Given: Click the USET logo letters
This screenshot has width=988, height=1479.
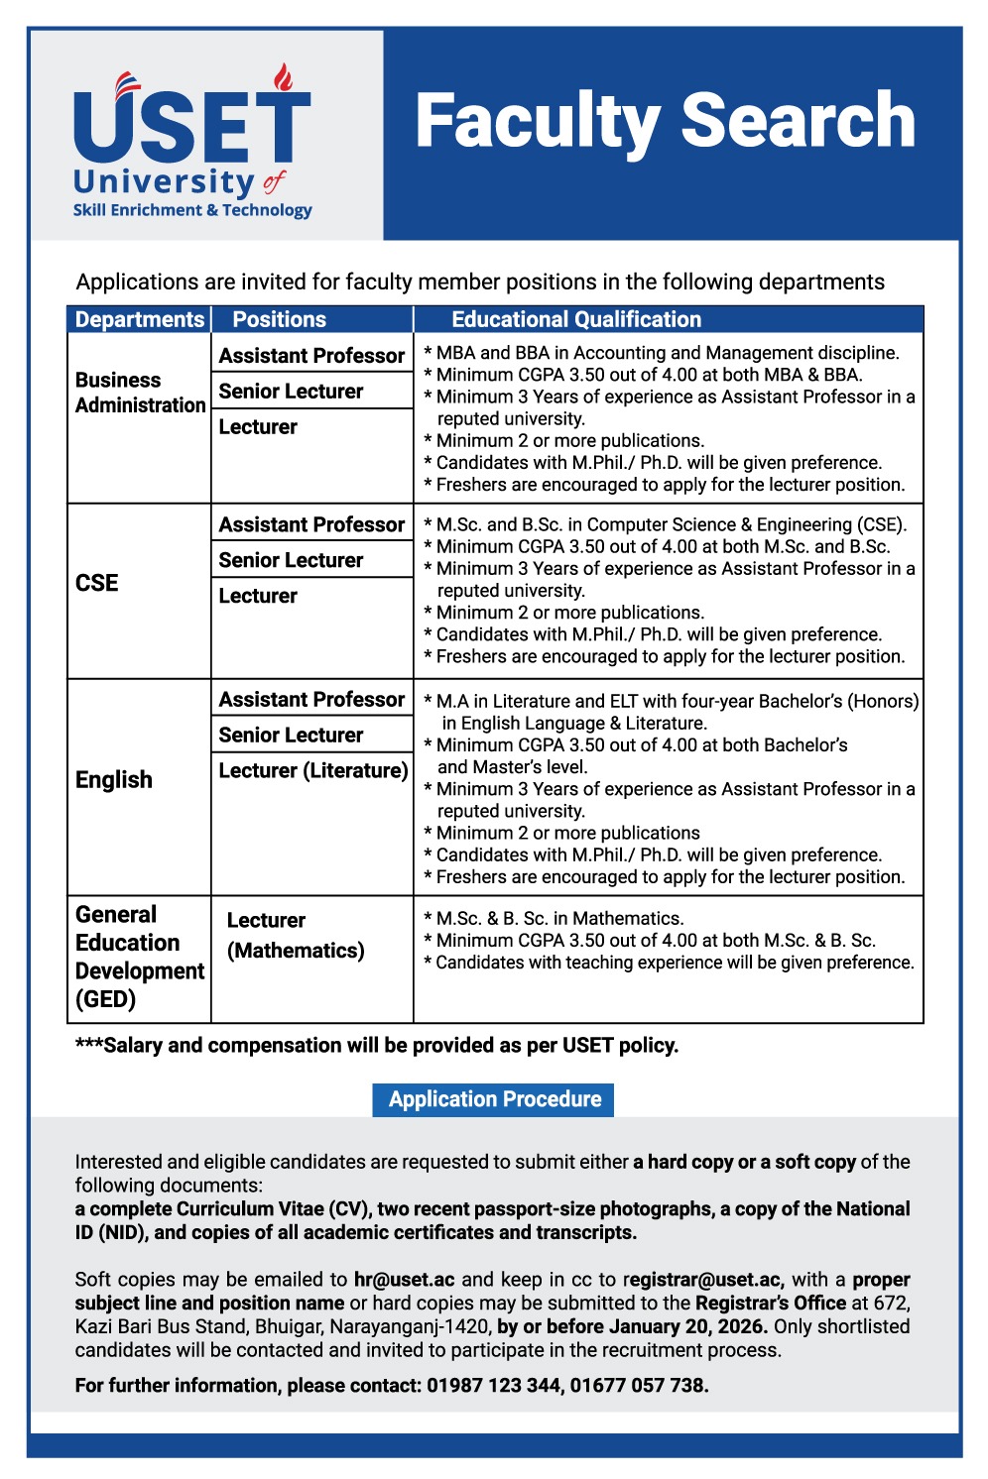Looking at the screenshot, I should (x=191, y=127).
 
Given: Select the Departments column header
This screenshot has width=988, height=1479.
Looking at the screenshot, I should (x=140, y=319).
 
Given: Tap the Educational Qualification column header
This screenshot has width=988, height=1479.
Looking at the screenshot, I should (x=576, y=319).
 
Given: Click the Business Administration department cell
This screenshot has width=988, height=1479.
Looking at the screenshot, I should (x=140, y=393).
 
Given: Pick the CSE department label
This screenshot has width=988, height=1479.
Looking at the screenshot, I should (x=97, y=583).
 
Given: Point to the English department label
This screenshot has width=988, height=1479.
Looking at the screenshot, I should (x=114, y=780).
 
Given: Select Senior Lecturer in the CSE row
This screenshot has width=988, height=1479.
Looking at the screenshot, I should (x=291, y=560).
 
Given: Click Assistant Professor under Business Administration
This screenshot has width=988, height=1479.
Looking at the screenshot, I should (x=311, y=356).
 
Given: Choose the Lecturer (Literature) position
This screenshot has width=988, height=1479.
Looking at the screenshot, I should (x=313, y=770).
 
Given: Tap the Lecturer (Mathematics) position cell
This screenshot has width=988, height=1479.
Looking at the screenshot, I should (x=296, y=935).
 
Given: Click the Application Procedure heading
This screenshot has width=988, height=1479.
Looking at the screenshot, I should (x=494, y=1099).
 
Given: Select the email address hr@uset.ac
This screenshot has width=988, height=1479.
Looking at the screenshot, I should (x=404, y=1280).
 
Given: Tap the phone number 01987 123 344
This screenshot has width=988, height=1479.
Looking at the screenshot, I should (x=493, y=1386).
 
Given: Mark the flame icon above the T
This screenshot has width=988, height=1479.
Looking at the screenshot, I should (x=284, y=77).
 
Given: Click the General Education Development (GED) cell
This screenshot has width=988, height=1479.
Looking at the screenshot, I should (x=140, y=957).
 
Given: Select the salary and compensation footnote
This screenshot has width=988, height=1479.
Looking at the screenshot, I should (x=377, y=1046).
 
